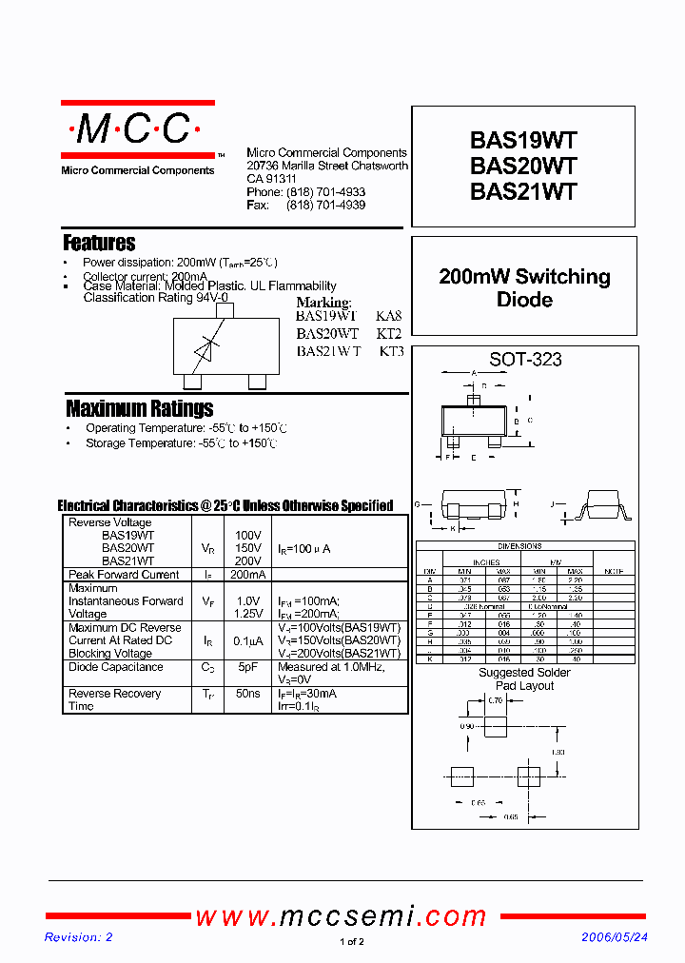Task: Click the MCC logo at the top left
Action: [x=137, y=130]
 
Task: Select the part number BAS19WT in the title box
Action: [x=523, y=141]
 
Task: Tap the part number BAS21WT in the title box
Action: [x=523, y=191]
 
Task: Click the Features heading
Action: [x=99, y=243]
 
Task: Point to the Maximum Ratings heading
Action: [x=139, y=408]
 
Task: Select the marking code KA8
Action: [x=389, y=316]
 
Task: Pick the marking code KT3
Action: [x=391, y=351]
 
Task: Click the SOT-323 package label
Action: [x=525, y=360]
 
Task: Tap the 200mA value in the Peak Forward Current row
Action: [x=247, y=575]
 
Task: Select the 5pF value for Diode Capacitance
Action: [x=247, y=667]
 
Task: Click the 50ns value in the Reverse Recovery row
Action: [x=247, y=694]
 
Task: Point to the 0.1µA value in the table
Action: [x=247, y=640]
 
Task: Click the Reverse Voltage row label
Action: [x=109, y=522]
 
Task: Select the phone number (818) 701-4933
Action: [x=325, y=192]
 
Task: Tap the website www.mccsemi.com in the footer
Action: [x=342, y=916]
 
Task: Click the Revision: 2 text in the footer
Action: [x=79, y=937]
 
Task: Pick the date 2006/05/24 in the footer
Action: [x=615, y=937]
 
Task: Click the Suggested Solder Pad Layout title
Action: [x=524, y=679]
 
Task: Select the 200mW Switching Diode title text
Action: [x=524, y=288]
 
